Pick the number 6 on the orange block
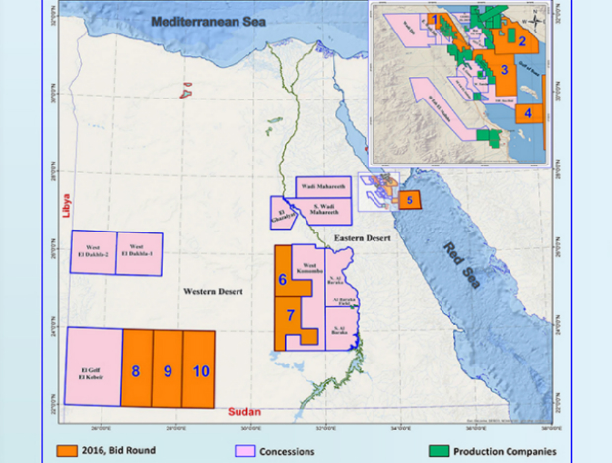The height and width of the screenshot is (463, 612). pos(282,279)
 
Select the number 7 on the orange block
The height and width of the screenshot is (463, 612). pos(292,315)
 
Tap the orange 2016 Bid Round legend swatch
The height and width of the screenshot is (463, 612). pos(66,451)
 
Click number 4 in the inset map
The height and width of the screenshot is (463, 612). pos(528,113)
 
